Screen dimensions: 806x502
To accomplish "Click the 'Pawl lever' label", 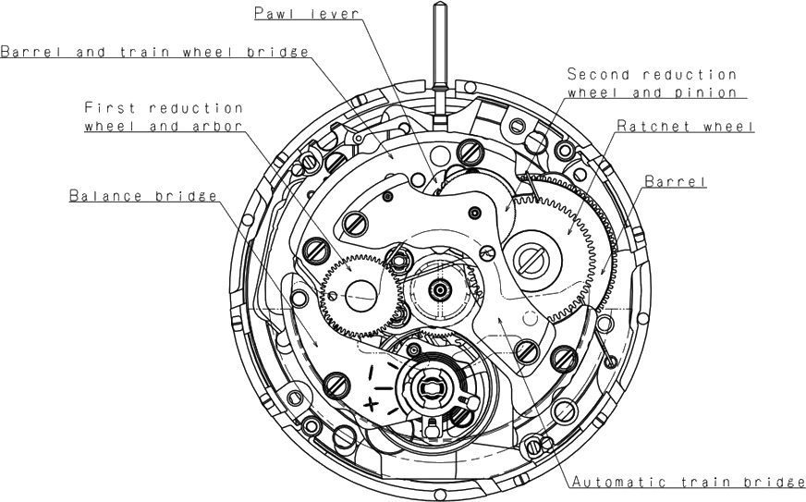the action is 307,13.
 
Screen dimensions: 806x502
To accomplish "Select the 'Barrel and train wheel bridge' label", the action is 154,52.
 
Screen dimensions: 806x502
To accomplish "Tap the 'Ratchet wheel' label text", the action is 685,126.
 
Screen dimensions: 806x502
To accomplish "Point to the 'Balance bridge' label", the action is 143,196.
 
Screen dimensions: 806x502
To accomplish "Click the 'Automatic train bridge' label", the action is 689,482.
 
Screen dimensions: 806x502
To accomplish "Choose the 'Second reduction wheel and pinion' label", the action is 653,83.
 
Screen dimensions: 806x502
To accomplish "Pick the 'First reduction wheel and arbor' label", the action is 164,116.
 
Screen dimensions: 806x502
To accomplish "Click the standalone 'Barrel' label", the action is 676,181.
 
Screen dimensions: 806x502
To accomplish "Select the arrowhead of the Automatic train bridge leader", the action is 499,321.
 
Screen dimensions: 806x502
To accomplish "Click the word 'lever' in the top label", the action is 336,13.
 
